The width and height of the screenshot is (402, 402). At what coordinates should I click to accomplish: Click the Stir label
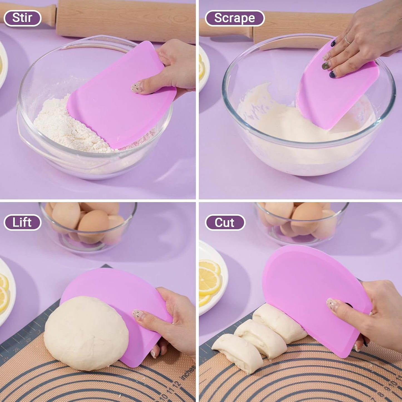point(22,18)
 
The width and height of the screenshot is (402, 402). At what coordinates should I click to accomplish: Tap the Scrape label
point(235,18)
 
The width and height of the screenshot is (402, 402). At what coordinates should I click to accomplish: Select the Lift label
point(22,223)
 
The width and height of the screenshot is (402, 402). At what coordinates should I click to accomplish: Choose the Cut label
point(225,223)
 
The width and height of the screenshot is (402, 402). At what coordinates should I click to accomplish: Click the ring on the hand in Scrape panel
point(347,40)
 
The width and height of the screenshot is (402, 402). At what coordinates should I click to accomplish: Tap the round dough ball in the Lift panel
point(86,332)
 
